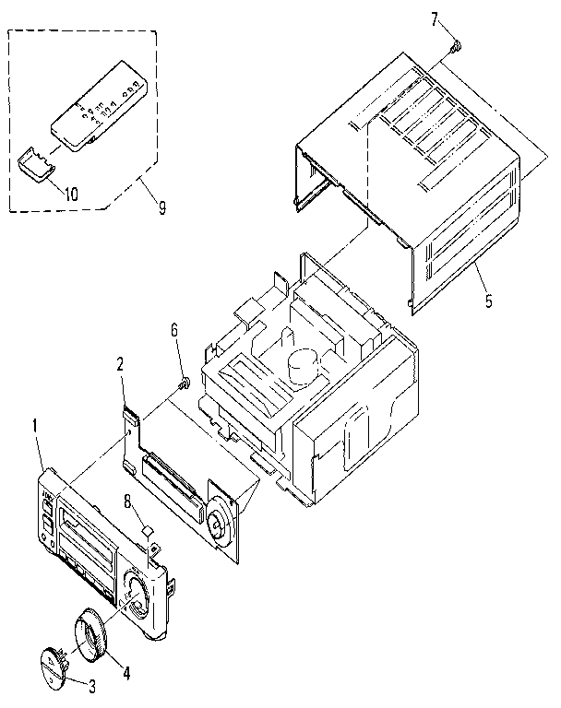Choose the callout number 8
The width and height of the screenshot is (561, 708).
point(127,502)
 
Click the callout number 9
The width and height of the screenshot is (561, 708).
point(162,208)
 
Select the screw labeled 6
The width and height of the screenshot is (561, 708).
point(184,383)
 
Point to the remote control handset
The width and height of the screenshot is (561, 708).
point(95,105)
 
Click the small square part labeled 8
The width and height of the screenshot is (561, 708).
point(146,529)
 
